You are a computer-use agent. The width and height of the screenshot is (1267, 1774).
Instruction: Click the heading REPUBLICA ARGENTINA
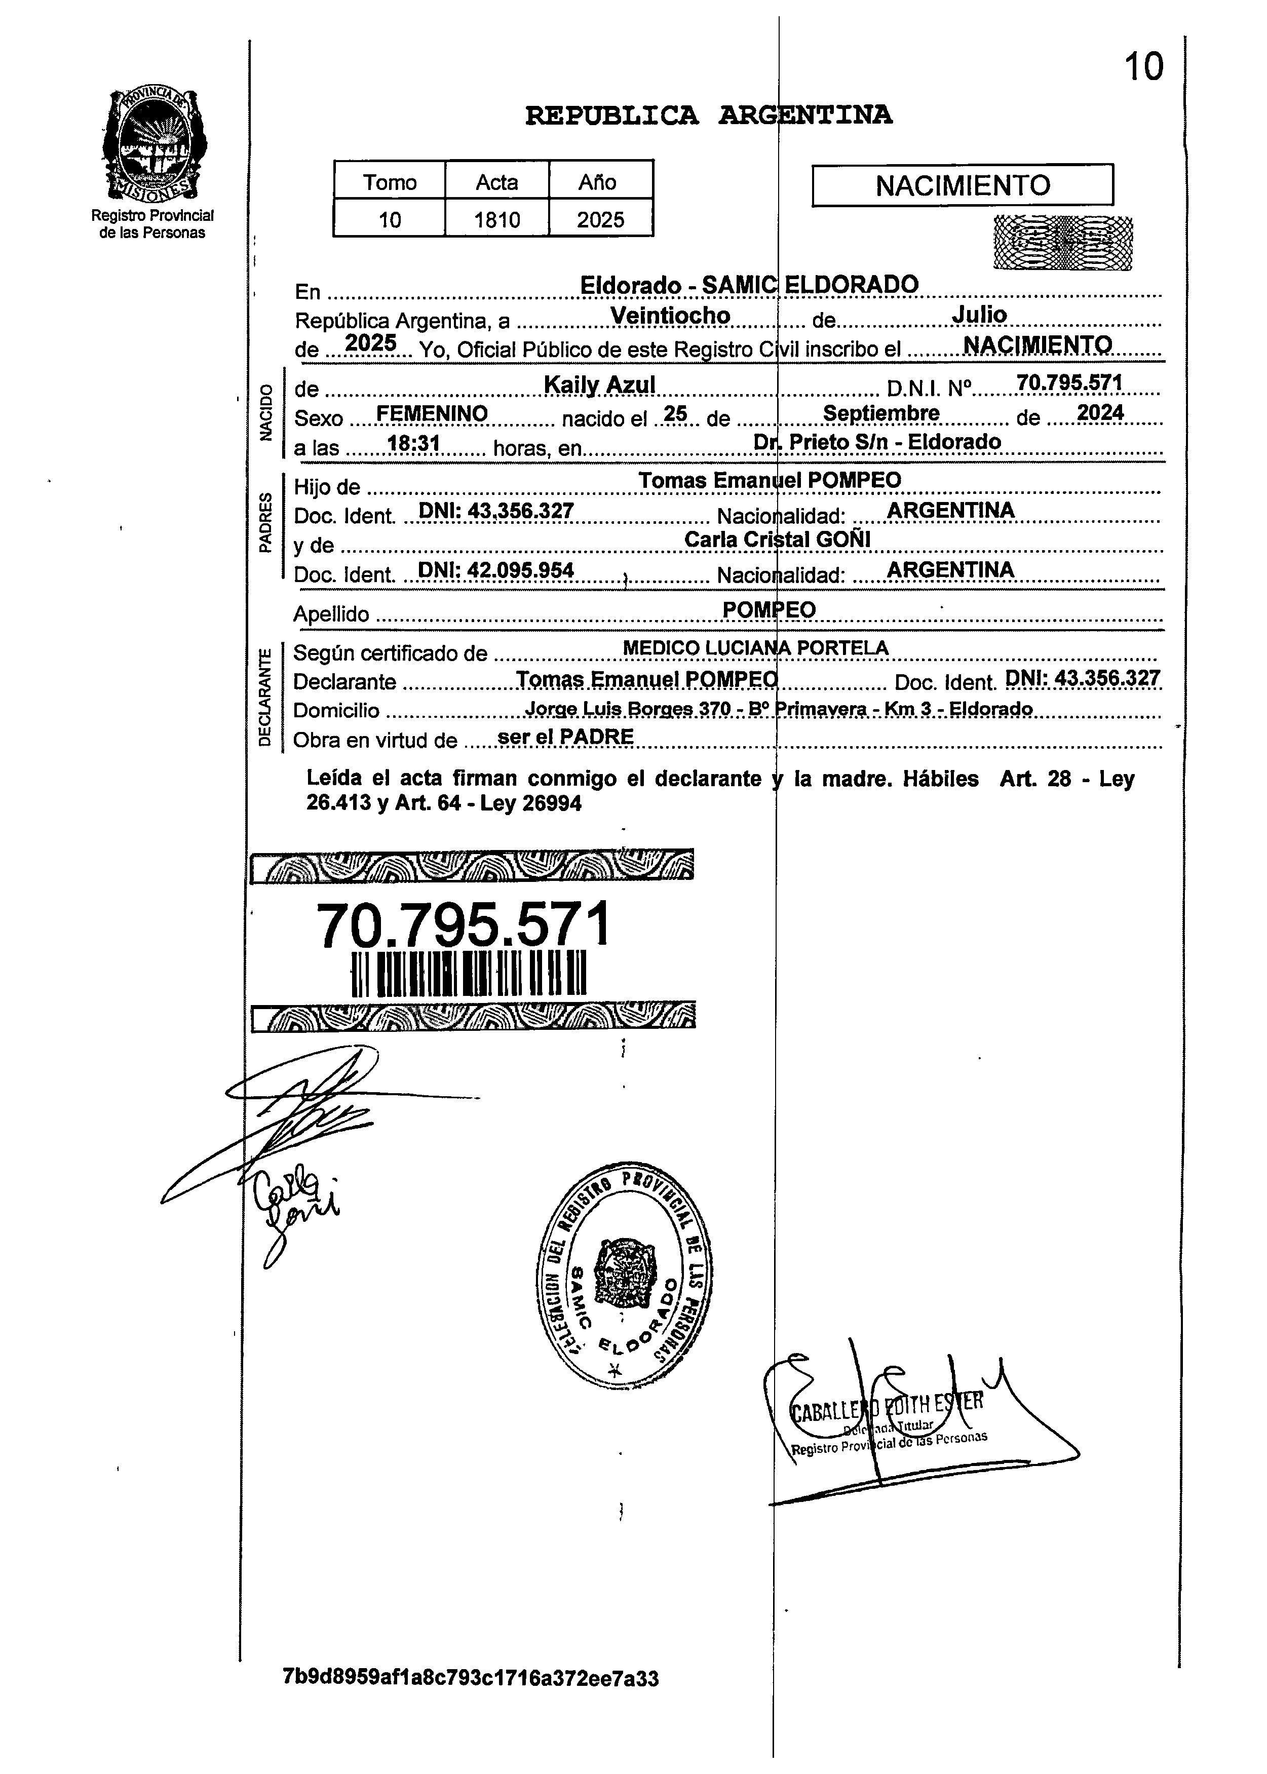click(708, 115)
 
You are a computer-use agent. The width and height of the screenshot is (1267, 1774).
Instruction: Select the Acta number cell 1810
click(497, 219)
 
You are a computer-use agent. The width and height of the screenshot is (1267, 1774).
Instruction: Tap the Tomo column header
click(389, 182)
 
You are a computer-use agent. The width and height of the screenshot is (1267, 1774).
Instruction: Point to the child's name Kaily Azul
click(599, 384)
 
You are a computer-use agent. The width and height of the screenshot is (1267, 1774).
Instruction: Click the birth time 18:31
click(414, 444)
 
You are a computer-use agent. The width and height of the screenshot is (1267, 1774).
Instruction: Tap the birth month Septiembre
click(881, 413)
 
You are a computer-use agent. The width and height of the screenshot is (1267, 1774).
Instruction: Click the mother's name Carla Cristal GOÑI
click(777, 539)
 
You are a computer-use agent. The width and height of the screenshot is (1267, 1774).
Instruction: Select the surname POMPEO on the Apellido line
click(769, 609)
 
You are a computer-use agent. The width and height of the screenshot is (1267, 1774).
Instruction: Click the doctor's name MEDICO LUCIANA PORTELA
click(755, 647)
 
